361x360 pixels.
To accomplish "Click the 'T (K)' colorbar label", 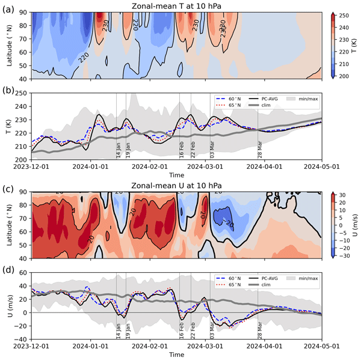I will tap(355, 45).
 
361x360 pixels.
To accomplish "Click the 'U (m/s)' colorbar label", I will tap(356, 225).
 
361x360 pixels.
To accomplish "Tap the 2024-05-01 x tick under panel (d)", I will tap(319, 348).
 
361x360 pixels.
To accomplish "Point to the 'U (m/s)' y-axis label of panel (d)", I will tap(7, 306).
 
